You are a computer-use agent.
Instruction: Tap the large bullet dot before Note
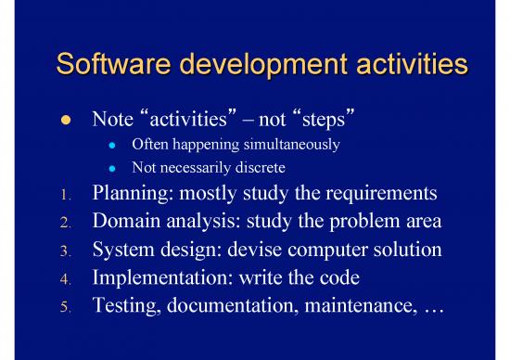[64, 122]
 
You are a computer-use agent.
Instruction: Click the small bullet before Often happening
[110, 146]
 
